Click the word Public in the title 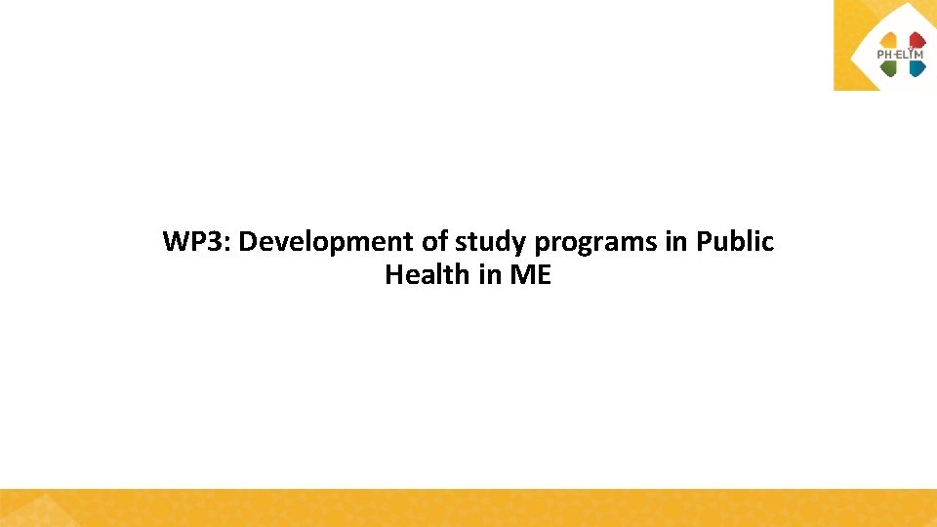tap(735, 242)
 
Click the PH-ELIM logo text tap(900, 55)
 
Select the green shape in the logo tap(888, 68)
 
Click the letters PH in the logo tap(885, 55)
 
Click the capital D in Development tap(247, 242)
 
